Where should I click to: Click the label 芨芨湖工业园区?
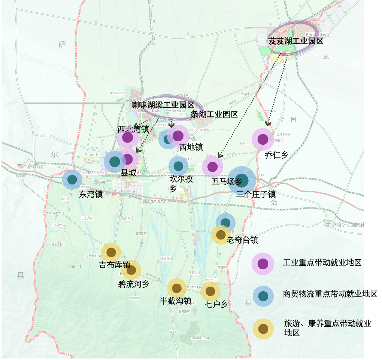coord(295,41)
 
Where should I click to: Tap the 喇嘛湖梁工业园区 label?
coord(162,105)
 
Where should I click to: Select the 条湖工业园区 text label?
coord(214,115)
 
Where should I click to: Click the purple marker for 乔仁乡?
coord(263,139)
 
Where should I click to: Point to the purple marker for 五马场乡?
coord(212,167)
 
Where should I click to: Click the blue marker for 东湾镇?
coord(72,179)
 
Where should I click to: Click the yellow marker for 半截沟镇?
coord(176,288)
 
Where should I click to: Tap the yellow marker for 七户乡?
coord(210,291)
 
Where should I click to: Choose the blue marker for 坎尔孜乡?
coord(178,166)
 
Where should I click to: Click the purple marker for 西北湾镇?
coord(128,138)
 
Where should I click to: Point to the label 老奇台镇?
coord(242,240)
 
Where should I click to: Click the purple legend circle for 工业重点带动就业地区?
coord(263,263)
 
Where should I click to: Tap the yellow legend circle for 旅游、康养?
coord(263,329)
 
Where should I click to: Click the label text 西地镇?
coord(191,147)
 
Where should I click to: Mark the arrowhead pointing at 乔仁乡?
coord(267,123)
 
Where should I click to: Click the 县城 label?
coord(128,173)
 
